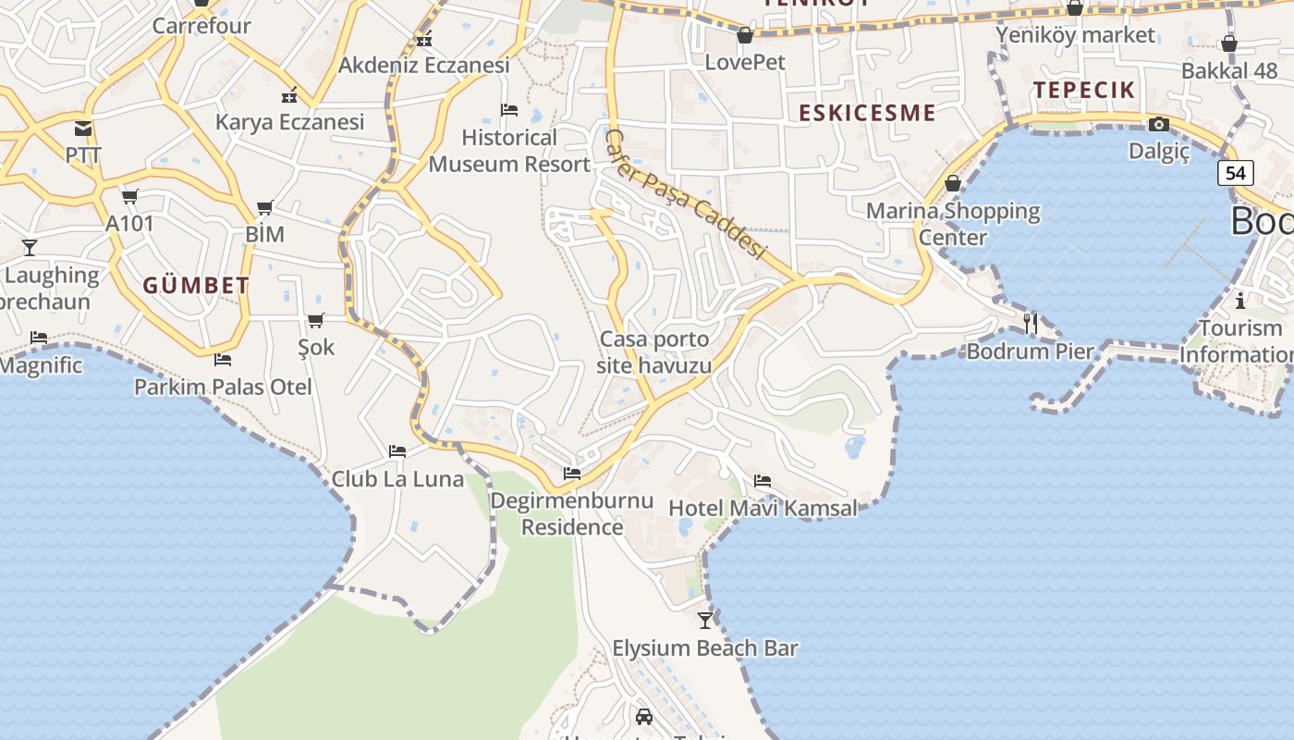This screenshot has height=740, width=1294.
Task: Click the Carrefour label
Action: click(x=201, y=26)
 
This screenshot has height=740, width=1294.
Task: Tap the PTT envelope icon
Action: click(x=83, y=129)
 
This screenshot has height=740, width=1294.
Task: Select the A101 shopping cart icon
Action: click(x=129, y=196)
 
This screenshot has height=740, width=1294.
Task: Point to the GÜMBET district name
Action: click(x=196, y=286)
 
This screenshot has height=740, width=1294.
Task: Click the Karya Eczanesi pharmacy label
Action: click(x=289, y=122)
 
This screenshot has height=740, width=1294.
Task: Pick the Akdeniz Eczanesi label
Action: click(x=424, y=65)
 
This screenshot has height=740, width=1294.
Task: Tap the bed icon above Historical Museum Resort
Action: click(x=508, y=110)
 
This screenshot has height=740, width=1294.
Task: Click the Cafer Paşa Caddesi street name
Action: click(x=686, y=194)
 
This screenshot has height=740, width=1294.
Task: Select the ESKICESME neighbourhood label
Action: click(x=867, y=113)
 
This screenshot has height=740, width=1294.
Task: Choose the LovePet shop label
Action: click(x=745, y=62)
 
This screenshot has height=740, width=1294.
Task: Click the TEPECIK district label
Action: click(x=1084, y=90)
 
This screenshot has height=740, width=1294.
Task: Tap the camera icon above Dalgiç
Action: click(x=1158, y=124)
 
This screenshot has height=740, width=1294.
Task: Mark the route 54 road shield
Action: click(x=1235, y=173)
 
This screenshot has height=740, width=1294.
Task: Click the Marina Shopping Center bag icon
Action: click(x=953, y=183)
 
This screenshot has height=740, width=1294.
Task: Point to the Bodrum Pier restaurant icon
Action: click(x=1031, y=323)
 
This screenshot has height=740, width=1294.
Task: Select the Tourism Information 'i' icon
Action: click(x=1240, y=301)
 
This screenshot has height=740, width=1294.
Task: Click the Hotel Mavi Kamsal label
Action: click(x=763, y=508)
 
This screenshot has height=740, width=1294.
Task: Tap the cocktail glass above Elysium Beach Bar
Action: click(x=705, y=620)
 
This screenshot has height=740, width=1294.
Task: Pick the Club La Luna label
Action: click(x=397, y=479)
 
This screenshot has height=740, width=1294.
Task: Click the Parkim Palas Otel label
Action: click(x=223, y=387)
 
